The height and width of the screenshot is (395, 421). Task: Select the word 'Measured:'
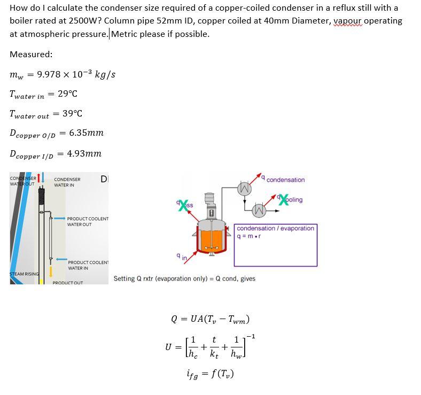[x=31, y=54]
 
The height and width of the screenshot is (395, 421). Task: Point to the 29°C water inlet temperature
[x=67, y=94]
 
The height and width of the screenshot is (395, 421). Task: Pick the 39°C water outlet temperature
[x=72, y=113]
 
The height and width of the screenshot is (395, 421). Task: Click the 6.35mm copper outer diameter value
[x=86, y=133]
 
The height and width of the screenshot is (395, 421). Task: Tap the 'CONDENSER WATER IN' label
[x=68, y=182]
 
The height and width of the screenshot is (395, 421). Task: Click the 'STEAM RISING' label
[x=24, y=274]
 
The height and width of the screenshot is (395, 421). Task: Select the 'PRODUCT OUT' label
[x=67, y=283]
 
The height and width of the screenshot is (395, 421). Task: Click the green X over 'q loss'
[x=183, y=204]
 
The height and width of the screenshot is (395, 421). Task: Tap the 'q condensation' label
[x=285, y=180]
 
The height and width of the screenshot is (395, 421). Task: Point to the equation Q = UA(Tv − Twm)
[x=210, y=319]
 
